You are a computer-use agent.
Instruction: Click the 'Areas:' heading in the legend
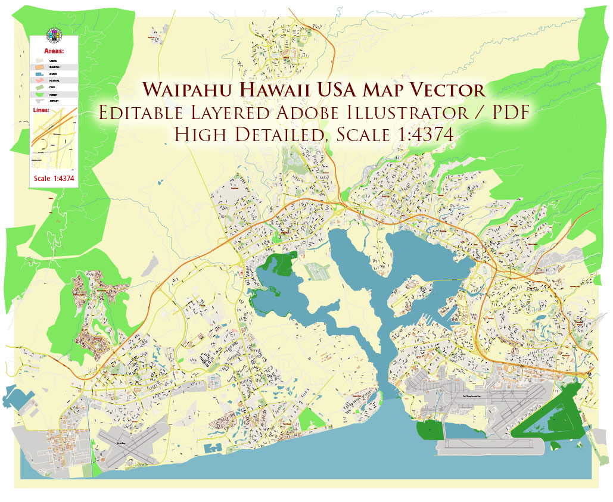point(54,52)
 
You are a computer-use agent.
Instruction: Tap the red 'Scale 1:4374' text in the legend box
point(54,178)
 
